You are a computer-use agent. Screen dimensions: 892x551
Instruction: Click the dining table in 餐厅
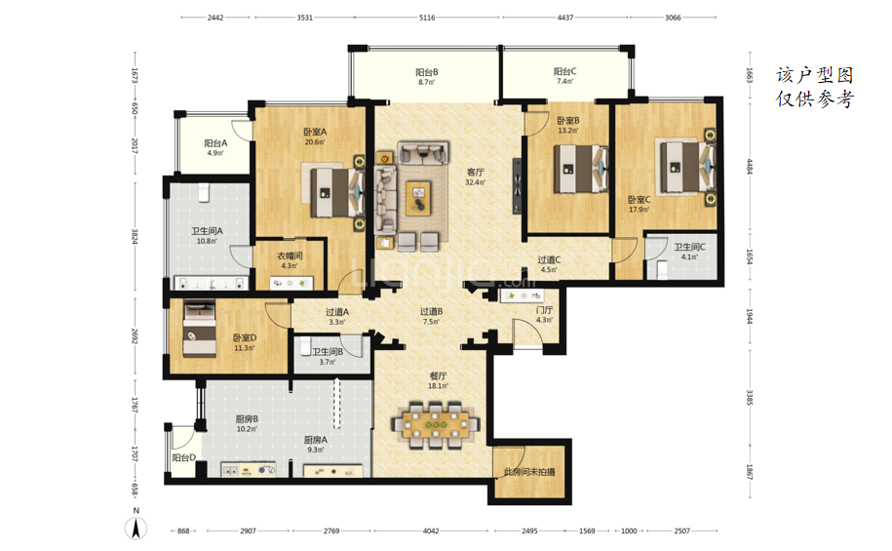pyautogui.click(x=436, y=424)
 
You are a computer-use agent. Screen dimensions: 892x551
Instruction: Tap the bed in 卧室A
pyautogui.click(x=336, y=192)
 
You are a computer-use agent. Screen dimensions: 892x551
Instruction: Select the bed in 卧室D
pyautogui.click(x=199, y=329)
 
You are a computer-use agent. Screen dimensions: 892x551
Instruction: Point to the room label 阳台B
pyautogui.click(x=427, y=72)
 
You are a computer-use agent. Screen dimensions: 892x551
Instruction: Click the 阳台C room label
pyautogui.click(x=564, y=71)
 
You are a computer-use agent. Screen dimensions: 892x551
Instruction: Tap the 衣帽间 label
pyautogui.click(x=290, y=256)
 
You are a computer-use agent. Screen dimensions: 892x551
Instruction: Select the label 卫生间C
pyautogui.click(x=689, y=247)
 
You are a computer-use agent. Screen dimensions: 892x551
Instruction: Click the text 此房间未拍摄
pyautogui.click(x=529, y=472)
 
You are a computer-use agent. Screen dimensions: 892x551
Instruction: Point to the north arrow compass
pyautogui.click(x=136, y=527)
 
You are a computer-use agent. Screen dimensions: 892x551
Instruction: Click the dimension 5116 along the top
pyautogui.click(x=427, y=18)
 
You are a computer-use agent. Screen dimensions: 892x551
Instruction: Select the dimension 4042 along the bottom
pyautogui.click(x=431, y=531)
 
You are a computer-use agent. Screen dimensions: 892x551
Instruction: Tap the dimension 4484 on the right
pyautogui.click(x=750, y=166)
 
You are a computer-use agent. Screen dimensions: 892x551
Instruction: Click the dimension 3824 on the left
pyautogui.click(x=135, y=236)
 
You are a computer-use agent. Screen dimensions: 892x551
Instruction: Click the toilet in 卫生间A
pyautogui.click(x=205, y=192)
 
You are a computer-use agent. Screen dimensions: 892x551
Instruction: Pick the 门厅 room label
pyautogui.click(x=544, y=310)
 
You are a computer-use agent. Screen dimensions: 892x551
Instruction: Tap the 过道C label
pyautogui.click(x=549, y=259)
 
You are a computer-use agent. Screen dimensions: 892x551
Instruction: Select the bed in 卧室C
pyautogui.click(x=687, y=167)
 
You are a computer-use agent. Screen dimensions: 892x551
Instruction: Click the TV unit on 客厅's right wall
pyautogui.click(x=517, y=186)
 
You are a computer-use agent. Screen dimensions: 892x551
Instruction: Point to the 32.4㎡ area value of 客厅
pyautogui.click(x=475, y=182)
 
